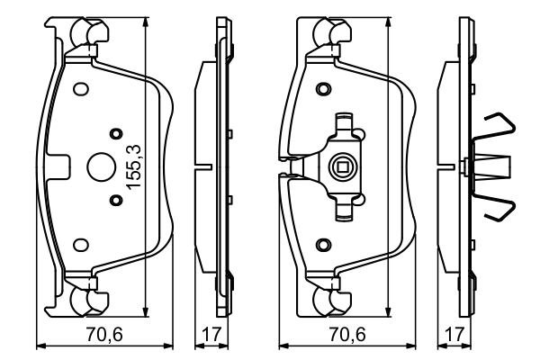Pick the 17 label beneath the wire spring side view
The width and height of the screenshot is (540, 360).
click(454, 334)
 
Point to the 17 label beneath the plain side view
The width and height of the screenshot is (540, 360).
click(211, 334)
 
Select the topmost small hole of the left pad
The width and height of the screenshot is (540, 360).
click(79, 89)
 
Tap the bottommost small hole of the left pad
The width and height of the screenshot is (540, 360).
click(79, 243)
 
